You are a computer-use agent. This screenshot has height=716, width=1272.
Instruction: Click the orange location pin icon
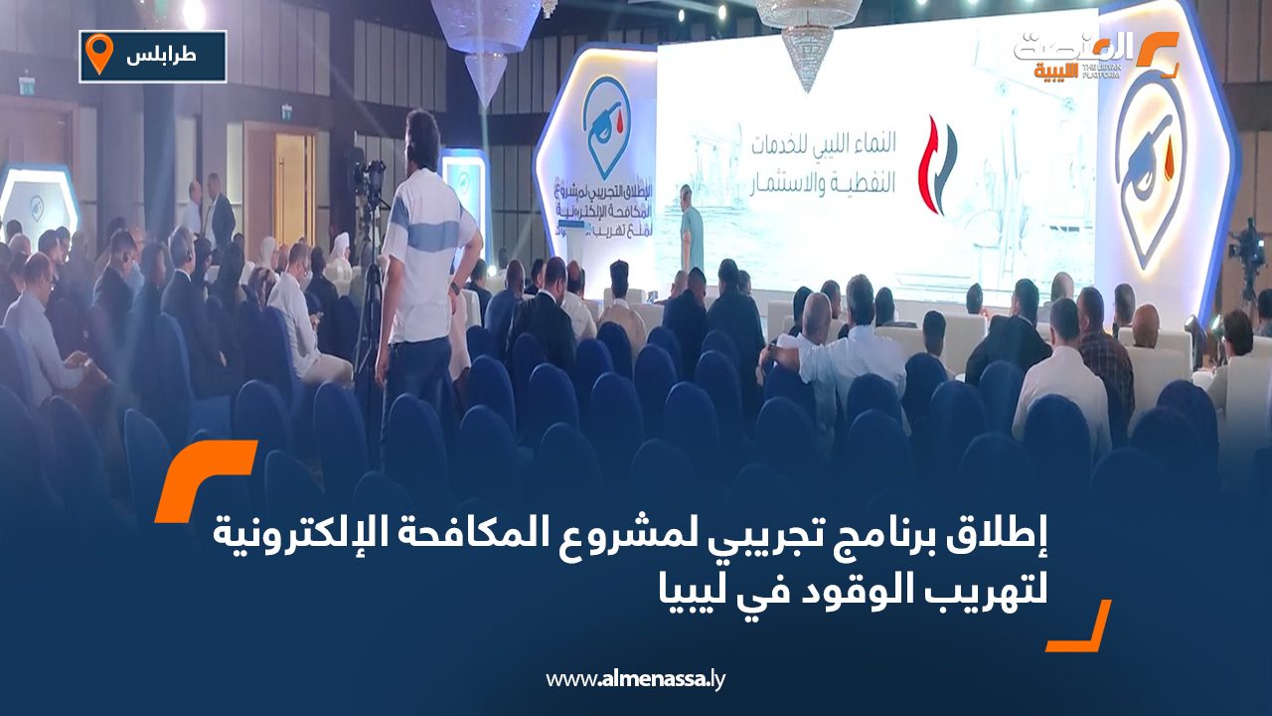(x=99, y=54)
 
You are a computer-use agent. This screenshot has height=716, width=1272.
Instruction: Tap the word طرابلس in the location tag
(x=162, y=56)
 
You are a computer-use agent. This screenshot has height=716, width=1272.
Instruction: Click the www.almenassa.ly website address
(x=636, y=679)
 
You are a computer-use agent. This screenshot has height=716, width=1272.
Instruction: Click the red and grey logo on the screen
(x=935, y=165)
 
